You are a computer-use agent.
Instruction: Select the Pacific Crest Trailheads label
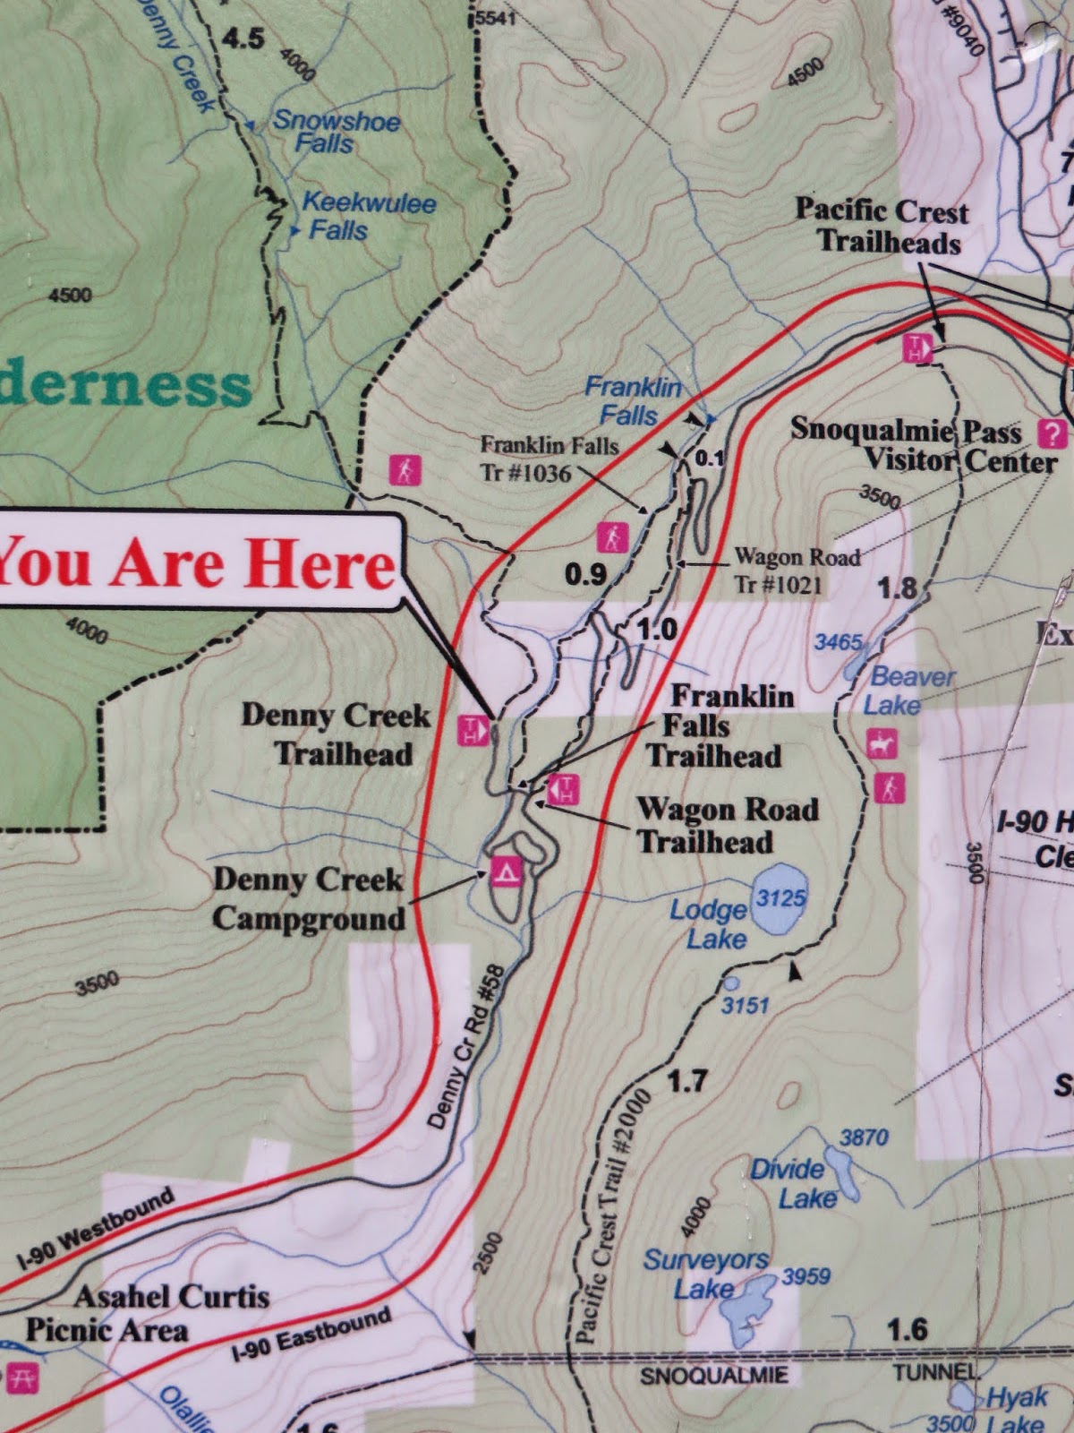pyautogui.click(x=882, y=227)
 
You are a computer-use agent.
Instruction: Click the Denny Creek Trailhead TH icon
pyautogui.click(x=472, y=730)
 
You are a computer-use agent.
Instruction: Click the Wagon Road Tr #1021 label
pyautogui.click(x=797, y=571)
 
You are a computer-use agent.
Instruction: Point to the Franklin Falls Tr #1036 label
pyautogui.click(x=548, y=458)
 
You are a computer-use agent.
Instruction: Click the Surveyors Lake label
pyautogui.click(x=704, y=1274)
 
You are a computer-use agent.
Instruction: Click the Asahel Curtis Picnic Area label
pyautogui.click(x=148, y=1312)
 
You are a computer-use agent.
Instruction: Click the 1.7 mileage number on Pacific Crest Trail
pyautogui.click(x=686, y=1081)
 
